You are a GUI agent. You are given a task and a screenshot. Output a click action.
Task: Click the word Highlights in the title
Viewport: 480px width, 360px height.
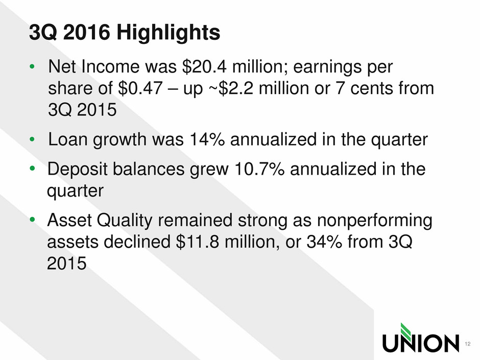pyautogui.click(x=168, y=33)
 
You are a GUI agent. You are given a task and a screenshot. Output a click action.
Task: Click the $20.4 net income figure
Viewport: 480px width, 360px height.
pyautogui.click(x=204, y=66)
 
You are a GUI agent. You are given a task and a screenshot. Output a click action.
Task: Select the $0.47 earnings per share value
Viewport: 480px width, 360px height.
pyautogui.click(x=140, y=88)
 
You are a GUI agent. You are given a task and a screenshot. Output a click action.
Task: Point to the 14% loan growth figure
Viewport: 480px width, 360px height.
pyautogui.click(x=207, y=139)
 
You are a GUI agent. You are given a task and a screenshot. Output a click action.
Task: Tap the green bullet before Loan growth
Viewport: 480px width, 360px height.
pyautogui.click(x=32, y=139)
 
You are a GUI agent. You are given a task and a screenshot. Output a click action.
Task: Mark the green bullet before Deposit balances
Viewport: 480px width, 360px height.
pyautogui.click(x=32, y=169)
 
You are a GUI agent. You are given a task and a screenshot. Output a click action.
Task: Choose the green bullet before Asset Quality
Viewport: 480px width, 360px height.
pyautogui.click(x=32, y=220)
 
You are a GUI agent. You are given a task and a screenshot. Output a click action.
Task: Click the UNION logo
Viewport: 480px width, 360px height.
pyautogui.click(x=421, y=338)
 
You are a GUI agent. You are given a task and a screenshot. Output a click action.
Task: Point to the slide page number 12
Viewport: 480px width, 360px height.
pyautogui.click(x=467, y=344)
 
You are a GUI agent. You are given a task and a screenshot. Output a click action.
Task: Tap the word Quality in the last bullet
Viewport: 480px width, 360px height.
pyautogui.click(x=124, y=221)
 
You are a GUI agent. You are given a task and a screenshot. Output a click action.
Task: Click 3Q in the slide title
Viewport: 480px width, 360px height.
pyautogui.click(x=43, y=33)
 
